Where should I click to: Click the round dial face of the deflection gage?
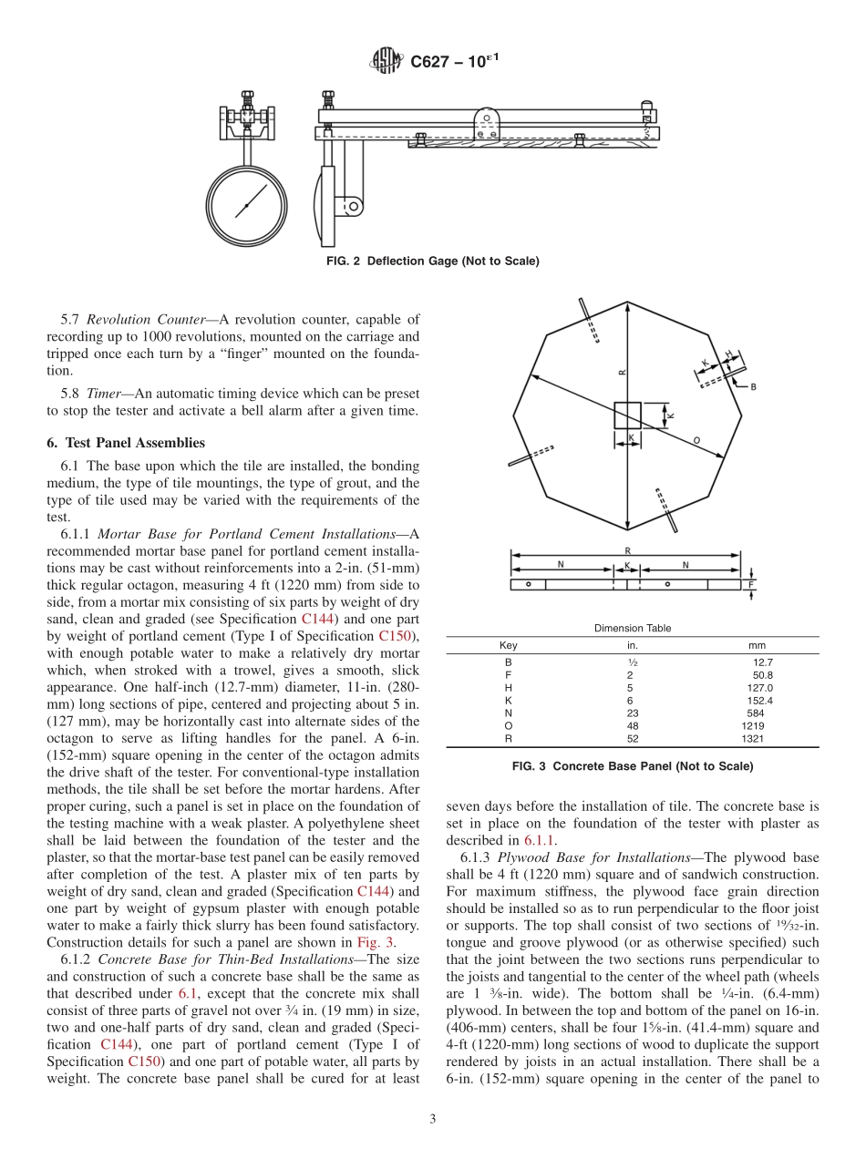[x=247, y=204]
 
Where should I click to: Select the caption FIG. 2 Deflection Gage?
[x=432, y=262]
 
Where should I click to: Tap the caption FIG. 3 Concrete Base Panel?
[x=633, y=766]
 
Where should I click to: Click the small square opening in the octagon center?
[x=627, y=415]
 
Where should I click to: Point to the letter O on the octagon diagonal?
[x=697, y=441]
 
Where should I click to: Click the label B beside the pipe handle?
[x=753, y=386]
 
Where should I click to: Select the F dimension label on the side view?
[x=751, y=584]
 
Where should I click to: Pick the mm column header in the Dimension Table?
[x=757, y=645]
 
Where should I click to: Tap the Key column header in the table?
[x=509, y=645]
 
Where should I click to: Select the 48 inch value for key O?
[x=632, y=726]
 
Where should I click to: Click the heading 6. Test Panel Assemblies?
[x=126, y=443]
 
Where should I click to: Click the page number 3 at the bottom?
[x=433, y=1117]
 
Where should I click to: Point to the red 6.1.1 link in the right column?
[x=541, y=840]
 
